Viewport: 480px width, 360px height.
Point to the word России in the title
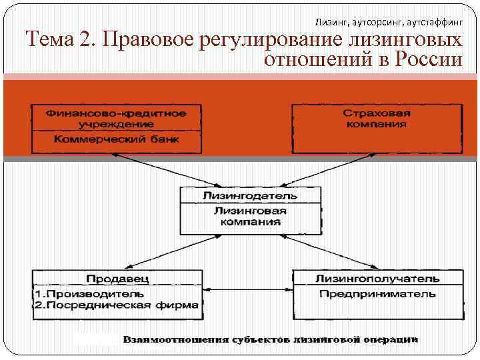[x=428, y=61]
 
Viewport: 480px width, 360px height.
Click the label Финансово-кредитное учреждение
[x=115, y=119]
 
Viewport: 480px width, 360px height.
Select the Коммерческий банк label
[x=115, y=141]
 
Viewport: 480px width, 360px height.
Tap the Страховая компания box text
[x=377, y=119]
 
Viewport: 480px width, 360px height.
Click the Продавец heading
[x=117, y=278]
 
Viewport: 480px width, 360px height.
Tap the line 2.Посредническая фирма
[x=116, y=305]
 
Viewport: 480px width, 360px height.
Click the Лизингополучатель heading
[x=377, y=278]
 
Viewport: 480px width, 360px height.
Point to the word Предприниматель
[x=377, y=293]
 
